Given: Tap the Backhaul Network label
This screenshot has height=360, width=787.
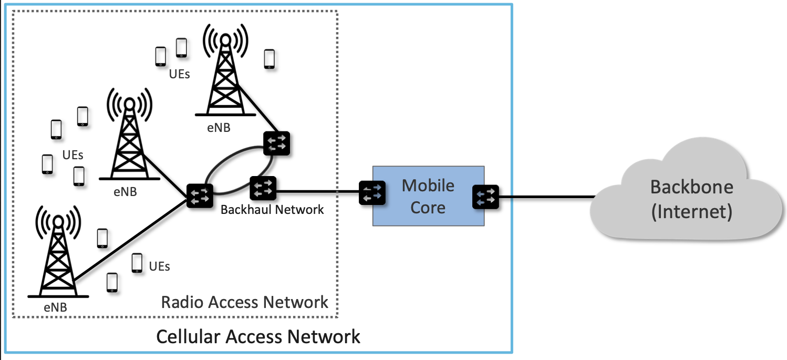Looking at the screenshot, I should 272,210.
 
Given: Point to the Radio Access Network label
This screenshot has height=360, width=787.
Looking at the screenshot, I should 244,302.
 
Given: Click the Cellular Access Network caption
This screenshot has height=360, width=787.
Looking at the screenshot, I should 258,336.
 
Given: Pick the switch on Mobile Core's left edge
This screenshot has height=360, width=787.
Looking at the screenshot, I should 372,193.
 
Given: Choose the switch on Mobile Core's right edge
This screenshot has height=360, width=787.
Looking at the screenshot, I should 485,197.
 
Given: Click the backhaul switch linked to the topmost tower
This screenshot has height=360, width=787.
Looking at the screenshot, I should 276,142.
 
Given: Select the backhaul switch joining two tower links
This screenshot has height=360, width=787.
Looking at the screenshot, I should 200,196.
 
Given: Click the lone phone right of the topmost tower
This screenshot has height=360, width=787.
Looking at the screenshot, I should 269,59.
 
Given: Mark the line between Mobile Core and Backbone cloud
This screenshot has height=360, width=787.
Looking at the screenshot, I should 546,198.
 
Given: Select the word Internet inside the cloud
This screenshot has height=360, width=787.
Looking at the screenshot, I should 691,212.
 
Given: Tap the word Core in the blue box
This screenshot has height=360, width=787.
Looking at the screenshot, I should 428,208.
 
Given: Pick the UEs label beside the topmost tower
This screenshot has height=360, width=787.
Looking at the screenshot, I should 179,74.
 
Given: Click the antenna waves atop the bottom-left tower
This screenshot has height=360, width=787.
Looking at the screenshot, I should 58,221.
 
